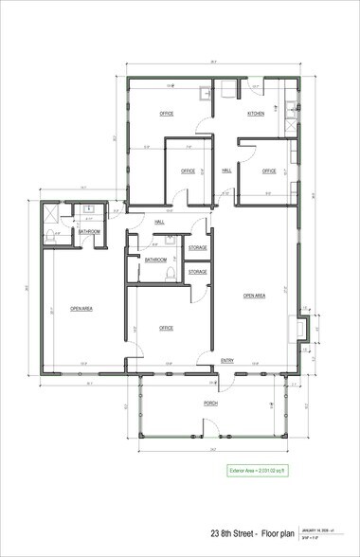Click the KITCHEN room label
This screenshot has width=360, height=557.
[256, 114]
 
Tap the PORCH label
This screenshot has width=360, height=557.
[210, 404]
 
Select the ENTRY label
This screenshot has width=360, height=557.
[227, 361]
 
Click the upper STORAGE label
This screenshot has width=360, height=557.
[197, 248]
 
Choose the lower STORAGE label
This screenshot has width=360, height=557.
[197, 272]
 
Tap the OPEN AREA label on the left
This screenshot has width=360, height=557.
[80, 308]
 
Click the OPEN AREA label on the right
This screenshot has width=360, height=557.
[254, 296]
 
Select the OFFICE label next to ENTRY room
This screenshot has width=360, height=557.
[166, 328]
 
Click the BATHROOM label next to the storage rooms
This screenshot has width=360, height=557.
[155, 260]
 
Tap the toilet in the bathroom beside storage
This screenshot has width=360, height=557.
[169, 274]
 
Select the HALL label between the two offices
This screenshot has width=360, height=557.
[226, 171]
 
